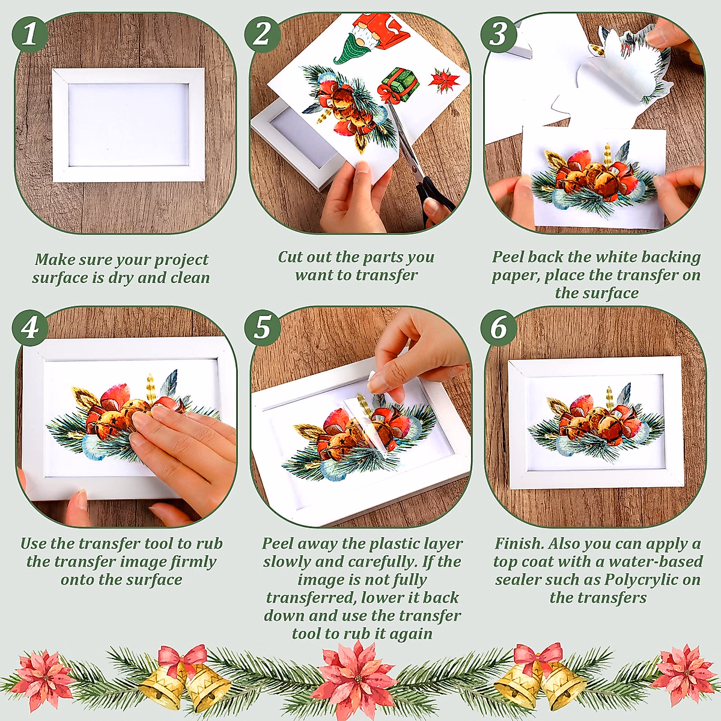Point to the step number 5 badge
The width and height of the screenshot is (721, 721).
coord(263,328)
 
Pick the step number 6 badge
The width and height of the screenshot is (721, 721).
coord(499,328)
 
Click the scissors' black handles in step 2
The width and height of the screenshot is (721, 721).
coord(435,198)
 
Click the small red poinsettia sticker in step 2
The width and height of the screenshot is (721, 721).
coord(445,80)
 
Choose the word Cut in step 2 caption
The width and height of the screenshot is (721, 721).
coord(290,257)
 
